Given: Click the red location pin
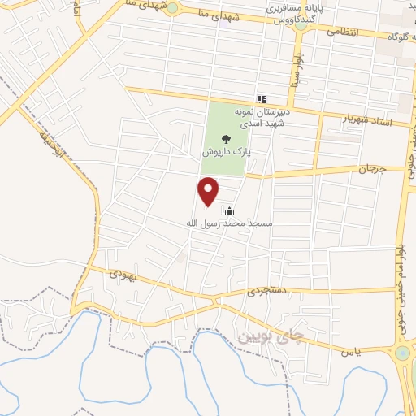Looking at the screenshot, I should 209,191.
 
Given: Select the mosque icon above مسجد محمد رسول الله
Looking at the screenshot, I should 228,211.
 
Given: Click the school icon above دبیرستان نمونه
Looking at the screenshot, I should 262,99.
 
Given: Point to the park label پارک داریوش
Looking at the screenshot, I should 226,151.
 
